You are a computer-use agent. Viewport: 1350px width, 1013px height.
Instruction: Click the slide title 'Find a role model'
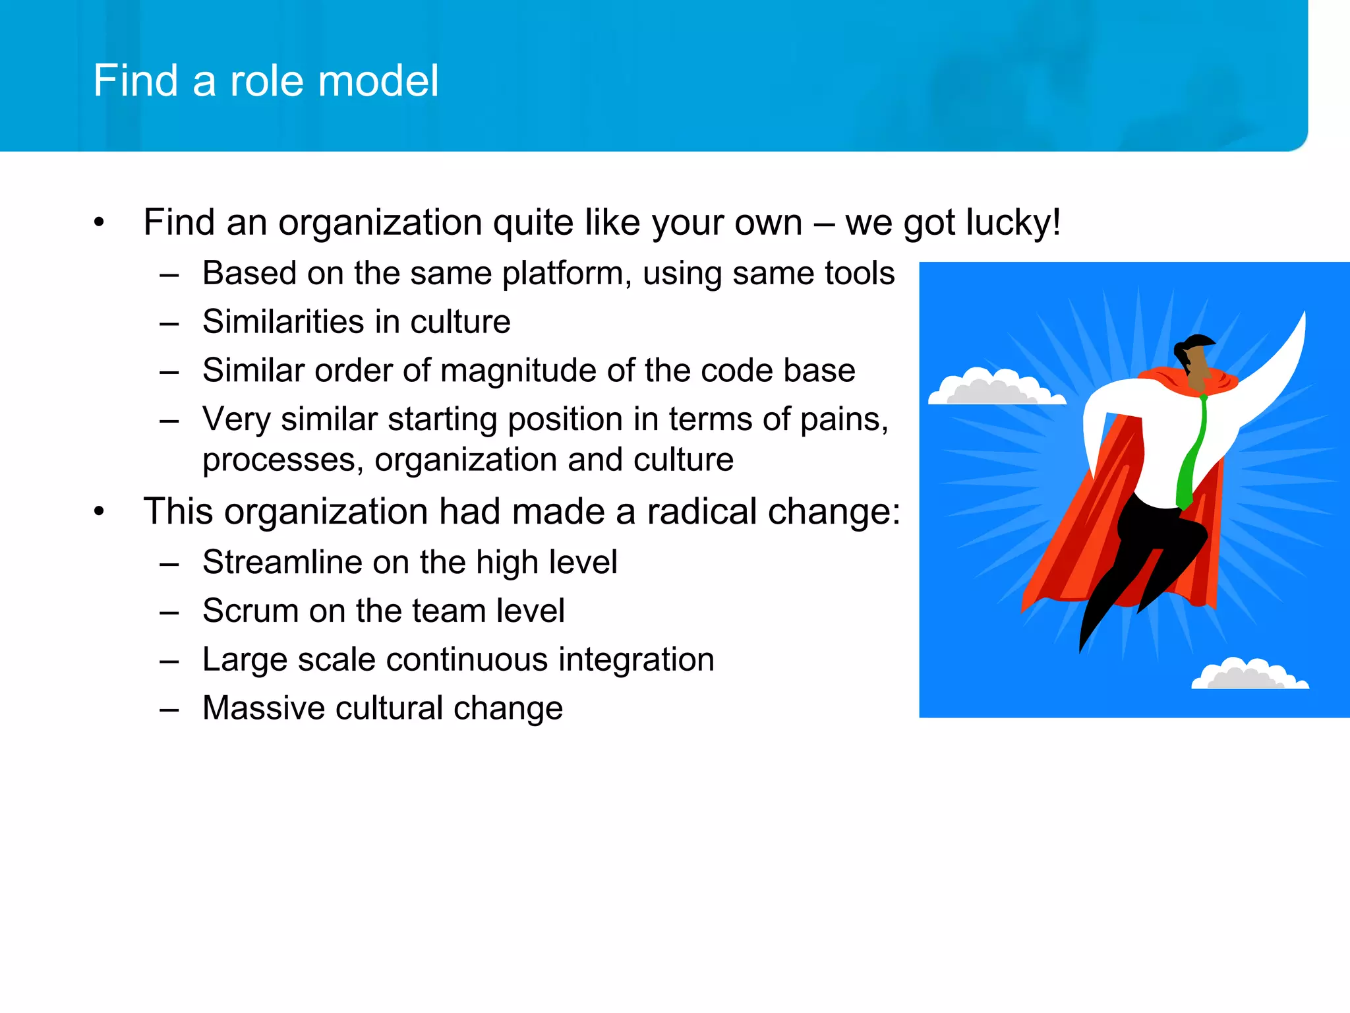[x=266, y=80]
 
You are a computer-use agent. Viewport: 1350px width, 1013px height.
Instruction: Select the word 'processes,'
[x=283, y=460]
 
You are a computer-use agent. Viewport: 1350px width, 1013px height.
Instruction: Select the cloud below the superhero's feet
[x=1248, y=676]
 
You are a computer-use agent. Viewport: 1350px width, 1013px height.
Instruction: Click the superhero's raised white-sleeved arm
[x=1272, y=376]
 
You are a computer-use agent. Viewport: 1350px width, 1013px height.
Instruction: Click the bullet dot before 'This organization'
[x=99, y=512]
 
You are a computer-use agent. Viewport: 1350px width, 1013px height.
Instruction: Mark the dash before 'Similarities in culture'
[x=169, y=323]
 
